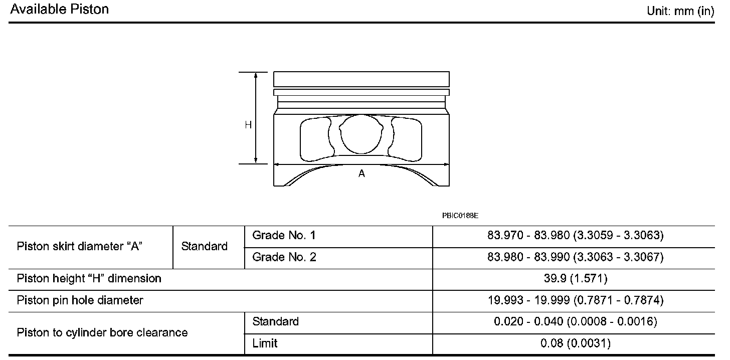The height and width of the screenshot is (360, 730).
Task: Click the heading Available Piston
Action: pyautogui.click(x=60, y=9)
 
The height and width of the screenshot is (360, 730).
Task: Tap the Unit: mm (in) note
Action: pyautogui.click(x=680, y=11)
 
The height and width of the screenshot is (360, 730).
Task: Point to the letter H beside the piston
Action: pyautogui.click(x=248, y=125)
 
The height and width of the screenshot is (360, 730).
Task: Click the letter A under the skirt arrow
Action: pyautogui.click(x=361, y=173)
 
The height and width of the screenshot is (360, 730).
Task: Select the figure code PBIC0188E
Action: pyautogui.click(x=460, y=216)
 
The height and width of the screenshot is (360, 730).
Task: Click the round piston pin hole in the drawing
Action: pyautogui.click(x=361, y=134)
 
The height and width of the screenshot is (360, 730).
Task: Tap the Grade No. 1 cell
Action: pyautogui.click(x=284, y=235)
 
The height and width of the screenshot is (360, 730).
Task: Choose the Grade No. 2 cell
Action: pyautogui.click(x=284, y=257)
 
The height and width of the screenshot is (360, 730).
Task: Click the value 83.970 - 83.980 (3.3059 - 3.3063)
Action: pyautogui.click(x=576, y=235)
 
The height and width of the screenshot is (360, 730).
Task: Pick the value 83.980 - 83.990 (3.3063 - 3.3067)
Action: pyautogui.click(x=576, y=257)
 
